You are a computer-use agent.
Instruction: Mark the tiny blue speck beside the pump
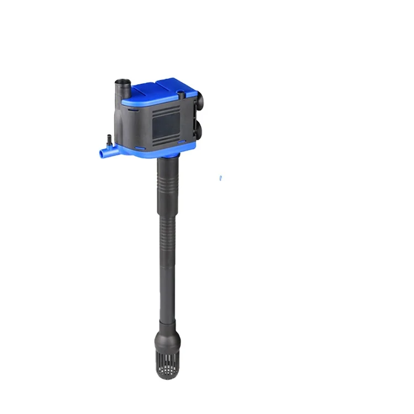click(x=220, y=178)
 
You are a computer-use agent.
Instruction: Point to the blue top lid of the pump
click(x=160, y=88)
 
